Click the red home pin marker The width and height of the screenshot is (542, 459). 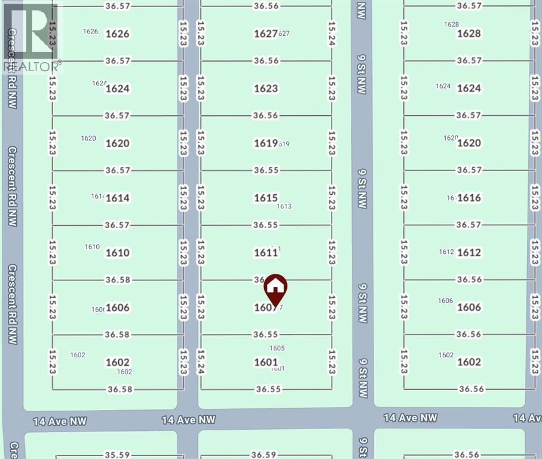coord(275,289)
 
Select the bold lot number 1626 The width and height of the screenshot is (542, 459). coord(117,33)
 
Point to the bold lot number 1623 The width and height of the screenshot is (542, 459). coord(266,88)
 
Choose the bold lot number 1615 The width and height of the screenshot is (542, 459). coord(266,198)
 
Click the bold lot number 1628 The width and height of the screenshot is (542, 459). coord(468,33)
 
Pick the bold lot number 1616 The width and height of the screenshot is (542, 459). coord(468,198)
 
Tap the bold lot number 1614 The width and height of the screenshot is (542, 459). coord(117,198)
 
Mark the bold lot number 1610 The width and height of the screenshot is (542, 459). coord(117,253)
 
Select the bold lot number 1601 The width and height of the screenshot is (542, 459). coord(266,362)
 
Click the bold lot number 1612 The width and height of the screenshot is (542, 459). coord(468,253)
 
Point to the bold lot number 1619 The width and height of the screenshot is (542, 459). coord(266,143)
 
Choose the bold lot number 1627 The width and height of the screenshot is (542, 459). coord(266,33)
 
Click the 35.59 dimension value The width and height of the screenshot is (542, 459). coord(117,454)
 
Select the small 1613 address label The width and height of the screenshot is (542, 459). coord(284,207)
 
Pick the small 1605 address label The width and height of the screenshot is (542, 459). coord(277,348)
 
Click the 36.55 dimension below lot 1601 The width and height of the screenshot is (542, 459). coord(268,389)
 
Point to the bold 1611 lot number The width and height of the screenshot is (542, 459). coord(266,253)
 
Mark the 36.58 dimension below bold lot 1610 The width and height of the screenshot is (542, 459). coord(117,280)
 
